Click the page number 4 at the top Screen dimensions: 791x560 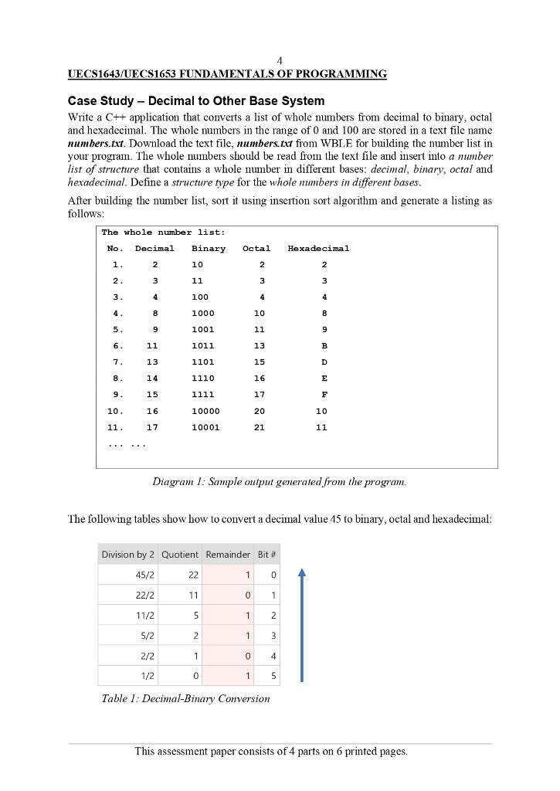280,60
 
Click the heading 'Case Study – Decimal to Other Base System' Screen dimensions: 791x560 196,101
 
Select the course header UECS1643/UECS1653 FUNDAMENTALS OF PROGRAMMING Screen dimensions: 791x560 227,74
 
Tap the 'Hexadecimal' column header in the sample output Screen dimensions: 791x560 318,249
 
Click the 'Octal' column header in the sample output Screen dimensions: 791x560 256,249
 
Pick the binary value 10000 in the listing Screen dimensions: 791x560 205,411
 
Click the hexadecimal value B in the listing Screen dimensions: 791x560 324,346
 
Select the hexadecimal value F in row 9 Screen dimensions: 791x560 324,395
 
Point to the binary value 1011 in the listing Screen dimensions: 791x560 203,346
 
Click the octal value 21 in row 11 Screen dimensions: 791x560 260,427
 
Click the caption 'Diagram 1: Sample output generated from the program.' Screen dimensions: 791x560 279,483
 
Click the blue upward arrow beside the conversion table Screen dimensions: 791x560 301,626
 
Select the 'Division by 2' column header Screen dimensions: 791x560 128,555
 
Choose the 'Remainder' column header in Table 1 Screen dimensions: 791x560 228,555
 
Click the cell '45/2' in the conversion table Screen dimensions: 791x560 142,575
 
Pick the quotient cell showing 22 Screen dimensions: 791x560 193,575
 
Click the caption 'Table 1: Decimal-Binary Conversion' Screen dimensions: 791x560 186,699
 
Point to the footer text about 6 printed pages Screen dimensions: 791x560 271,751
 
